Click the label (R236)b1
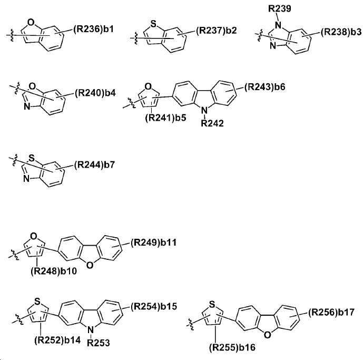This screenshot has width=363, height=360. point(94,30)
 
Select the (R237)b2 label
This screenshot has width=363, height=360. point(217,31)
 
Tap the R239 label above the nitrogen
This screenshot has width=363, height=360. point(280,9)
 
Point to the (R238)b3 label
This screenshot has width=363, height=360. point(341,32)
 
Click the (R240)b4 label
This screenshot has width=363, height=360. point(95,93)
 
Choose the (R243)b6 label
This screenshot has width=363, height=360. point(265,87)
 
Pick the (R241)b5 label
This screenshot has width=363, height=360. point(166,118)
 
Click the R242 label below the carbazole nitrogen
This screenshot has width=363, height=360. point(212,123)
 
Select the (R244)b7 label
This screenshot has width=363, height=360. point(95,165)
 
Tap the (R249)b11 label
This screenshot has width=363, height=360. point(153,243)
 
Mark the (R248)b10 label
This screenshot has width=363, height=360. point(54,271)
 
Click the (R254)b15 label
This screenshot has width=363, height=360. point(154,306)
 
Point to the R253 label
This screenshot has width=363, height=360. point(99,343)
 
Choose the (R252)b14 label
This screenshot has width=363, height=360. point(57,340)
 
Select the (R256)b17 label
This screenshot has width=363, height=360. point(331,313)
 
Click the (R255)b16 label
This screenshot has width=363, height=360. point(232,347)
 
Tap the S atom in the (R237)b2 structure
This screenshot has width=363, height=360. point(153,24)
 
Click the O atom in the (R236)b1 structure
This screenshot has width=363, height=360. point(31,23)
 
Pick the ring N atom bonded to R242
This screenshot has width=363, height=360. point(204,111)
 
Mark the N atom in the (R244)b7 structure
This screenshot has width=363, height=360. point(27,179)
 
